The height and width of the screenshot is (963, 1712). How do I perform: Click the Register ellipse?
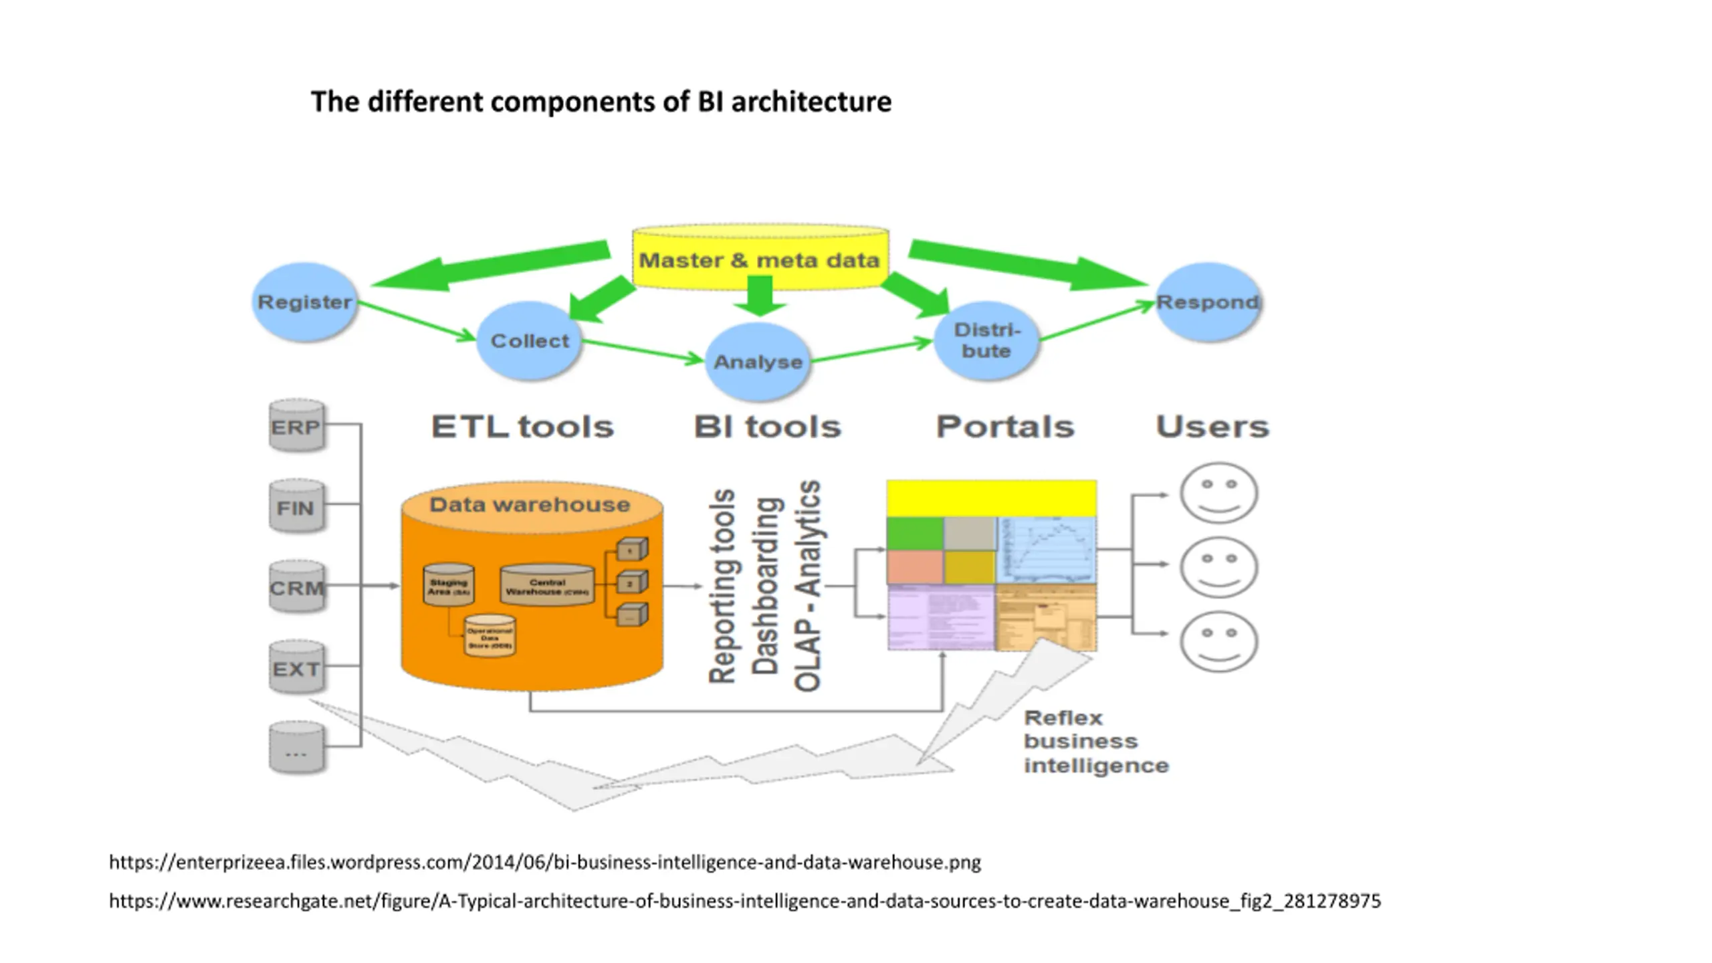pyautogui.click(x=304, y=302)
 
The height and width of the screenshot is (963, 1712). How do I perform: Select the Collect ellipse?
pyautogui.click(x=529, y=341)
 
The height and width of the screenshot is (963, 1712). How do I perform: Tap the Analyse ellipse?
pyautogui.click(x=758, y=362)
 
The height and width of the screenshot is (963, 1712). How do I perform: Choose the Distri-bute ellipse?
pyautogui.click(x=986, y=340)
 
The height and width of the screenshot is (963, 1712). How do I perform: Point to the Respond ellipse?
pyautogui.click(x=1208, y=302)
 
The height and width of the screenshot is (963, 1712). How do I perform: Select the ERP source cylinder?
pyautogui.click(x=296, y=427)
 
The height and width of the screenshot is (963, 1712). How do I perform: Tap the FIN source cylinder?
pyautogui.click(x=296, y=508)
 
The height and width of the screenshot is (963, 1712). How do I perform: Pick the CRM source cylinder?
pyautogui.click(x=296, y=588)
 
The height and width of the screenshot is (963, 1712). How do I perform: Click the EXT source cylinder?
pyautogui.click(x=296, y=668)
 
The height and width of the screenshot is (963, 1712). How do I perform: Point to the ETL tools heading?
pyautogui.click(x=522, y=427)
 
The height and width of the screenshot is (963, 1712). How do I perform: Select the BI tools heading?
pyautogui.click(x=767, y=427)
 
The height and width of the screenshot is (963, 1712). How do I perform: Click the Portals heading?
pyautogui.click(x=1005, y=427)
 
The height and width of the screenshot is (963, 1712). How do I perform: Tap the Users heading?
pyautogui.click(x=1212, y=427)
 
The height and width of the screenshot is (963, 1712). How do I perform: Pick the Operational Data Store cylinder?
pyautogui.click(x=490, y=637)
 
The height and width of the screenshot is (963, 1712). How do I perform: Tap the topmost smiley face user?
pyautogui.click(x=1218, y=494)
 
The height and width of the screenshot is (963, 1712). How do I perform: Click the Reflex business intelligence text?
pyautogui.click(x=1095, y=742)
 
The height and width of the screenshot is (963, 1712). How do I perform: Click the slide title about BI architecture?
pyautogui.click(x=601, y=102)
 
